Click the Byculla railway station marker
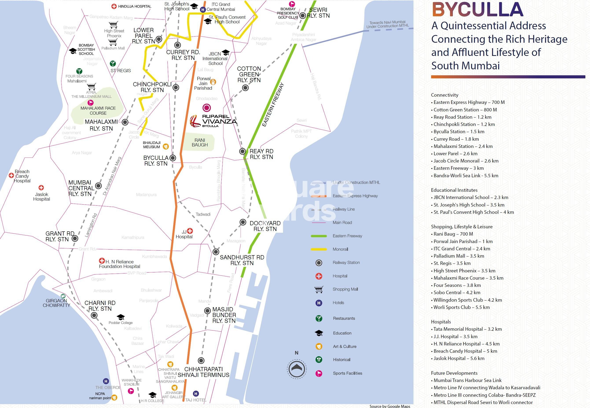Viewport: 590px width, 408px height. [x=173, y=158]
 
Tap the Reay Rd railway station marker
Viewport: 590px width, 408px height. [x=243, y=151]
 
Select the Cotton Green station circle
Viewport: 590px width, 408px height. [x=245, y=88]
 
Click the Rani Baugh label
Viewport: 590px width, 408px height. [x=200, y=142]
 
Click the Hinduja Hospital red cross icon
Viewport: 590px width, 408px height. [x=114, y=6]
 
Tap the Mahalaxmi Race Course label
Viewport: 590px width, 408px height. [x=98, y=111]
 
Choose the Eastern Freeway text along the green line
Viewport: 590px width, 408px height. [x=273, y=105]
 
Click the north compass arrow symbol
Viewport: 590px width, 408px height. [x=296, y=368]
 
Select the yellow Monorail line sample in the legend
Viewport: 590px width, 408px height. [x=319, y=249]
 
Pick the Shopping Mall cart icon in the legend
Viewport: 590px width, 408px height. [x=319, y=289]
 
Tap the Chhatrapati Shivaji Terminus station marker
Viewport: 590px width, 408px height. [x=201, y=360]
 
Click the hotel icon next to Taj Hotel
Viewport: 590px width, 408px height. [x=196, y=394]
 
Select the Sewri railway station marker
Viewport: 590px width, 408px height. [x=303, y=16]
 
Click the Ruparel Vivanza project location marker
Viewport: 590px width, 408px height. [x=206, y=108]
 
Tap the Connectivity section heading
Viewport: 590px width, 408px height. [x=444, y=95]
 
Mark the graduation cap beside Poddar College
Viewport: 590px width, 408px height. [x=121, y=317]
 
